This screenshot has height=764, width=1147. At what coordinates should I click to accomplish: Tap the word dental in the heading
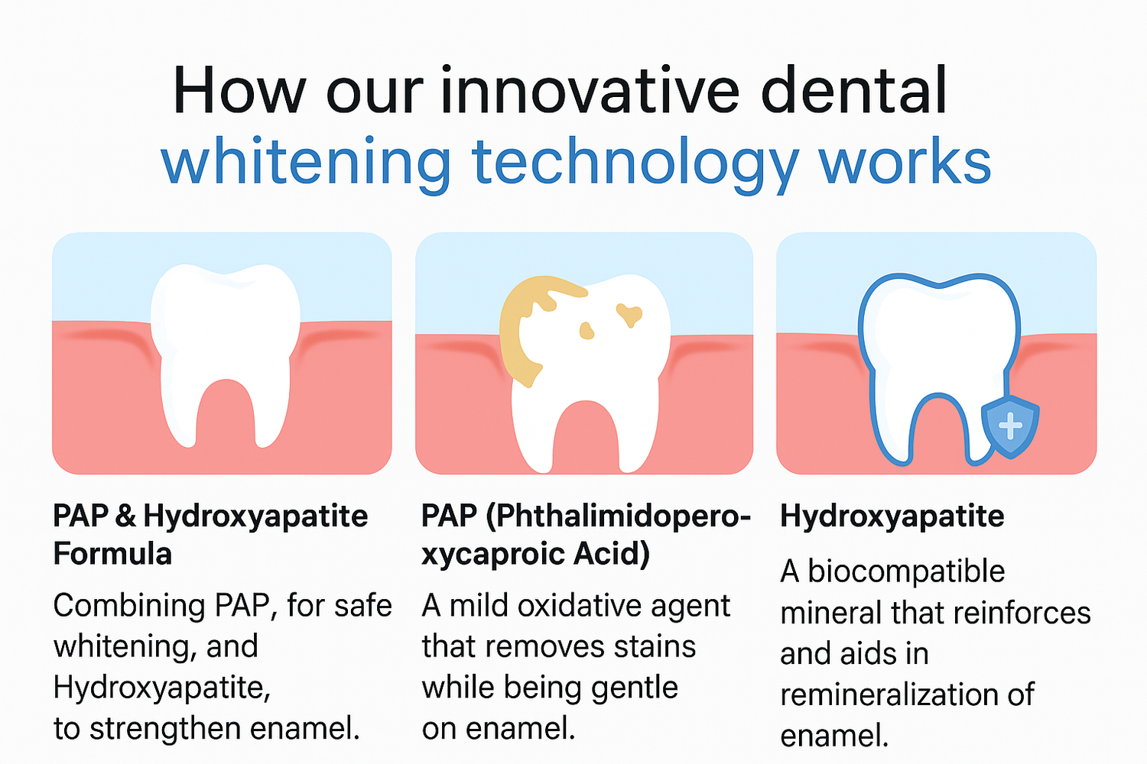click(x=854, y=90)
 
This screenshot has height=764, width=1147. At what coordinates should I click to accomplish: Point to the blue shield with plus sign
click(x=1010, y=427)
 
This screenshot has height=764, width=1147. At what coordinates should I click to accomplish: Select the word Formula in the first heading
click(x=112, y=554)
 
